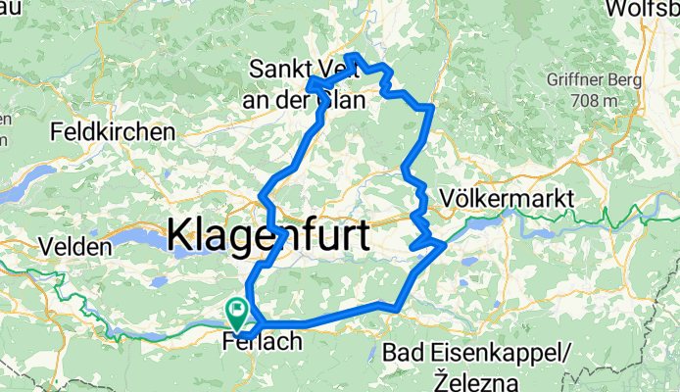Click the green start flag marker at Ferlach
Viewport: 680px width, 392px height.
tap(238, 313)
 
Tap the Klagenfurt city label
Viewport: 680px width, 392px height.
tap(268, 236)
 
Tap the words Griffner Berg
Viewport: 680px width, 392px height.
tap(586, 83)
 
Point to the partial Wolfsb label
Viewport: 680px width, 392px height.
tap(643, 9)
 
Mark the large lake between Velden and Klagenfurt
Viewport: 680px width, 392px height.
tap(137, 241)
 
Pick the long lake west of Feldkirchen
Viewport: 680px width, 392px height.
tap(24, 176)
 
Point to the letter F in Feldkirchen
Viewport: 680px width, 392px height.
tap(55, 131)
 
